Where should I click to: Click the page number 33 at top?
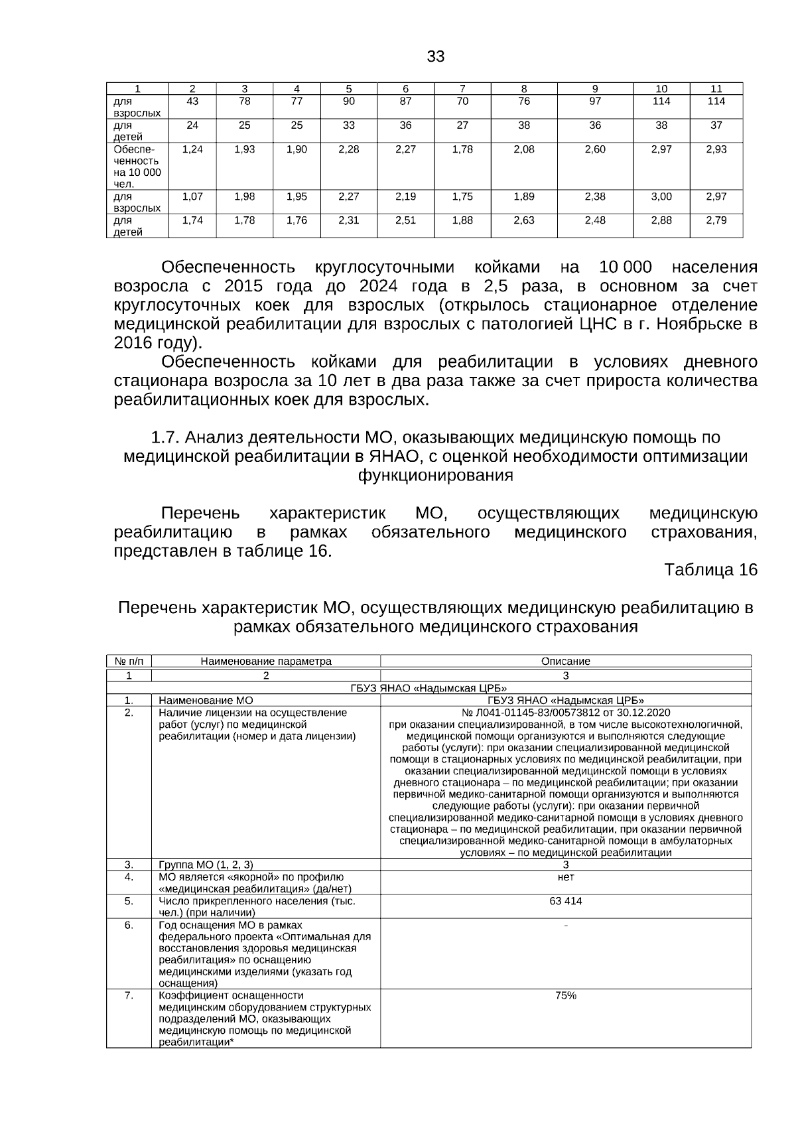[x=435, y=56]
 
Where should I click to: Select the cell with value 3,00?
[x=661, y=196]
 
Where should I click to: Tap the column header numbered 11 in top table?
[x=716, y=89]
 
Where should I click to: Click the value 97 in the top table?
[x=595, y=102]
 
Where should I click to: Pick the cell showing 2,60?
[x=595, y=149]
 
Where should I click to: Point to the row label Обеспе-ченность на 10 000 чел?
[x=137, y=167]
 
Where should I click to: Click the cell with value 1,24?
[x=192, y=149]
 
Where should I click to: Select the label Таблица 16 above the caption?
[x=710, y=570]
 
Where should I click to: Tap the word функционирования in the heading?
[x=435, y=475]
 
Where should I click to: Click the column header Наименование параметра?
[x=265, y=662]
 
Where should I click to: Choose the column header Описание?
[x=565, y=662]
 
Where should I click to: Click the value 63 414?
[x=565, y=901]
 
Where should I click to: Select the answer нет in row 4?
[x=565, y=877]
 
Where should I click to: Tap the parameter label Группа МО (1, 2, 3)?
[x=206, y=865]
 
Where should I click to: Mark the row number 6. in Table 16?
[x=129, y=925]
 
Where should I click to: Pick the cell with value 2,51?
[x=405, y=220]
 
